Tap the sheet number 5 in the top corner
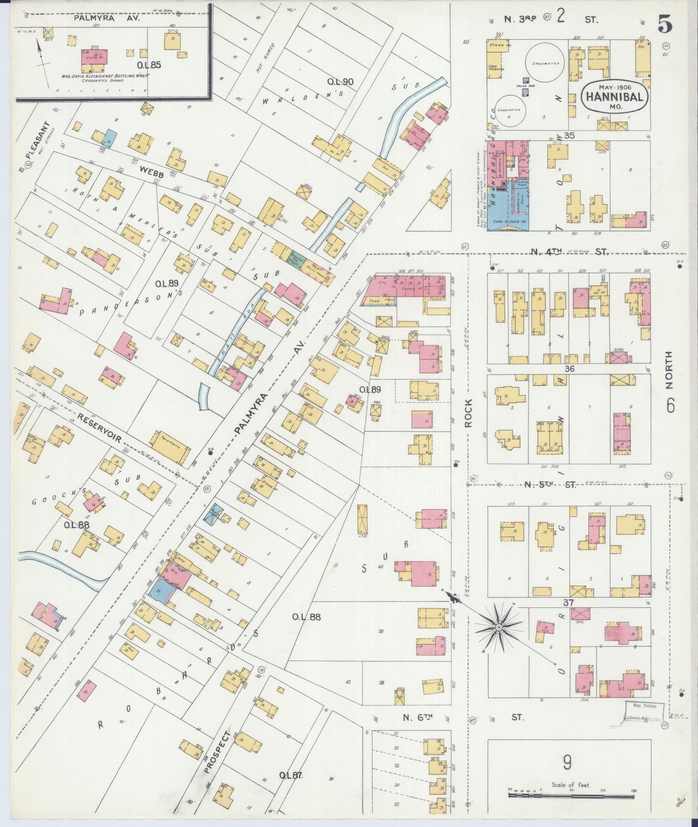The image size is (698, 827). (665, 24)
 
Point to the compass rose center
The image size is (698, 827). (498, 627)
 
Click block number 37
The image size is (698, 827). (568, 603)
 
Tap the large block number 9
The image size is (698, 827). (567, 763)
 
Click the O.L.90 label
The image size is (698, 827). (340, 82)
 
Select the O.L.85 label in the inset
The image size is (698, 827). (149, 64)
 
